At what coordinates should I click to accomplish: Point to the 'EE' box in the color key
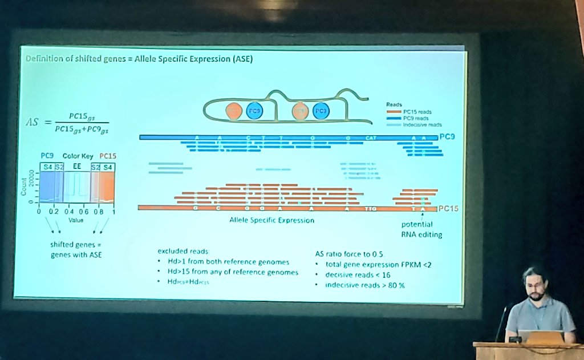(x=76, y=167)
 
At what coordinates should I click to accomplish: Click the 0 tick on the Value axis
(x=39, y=212)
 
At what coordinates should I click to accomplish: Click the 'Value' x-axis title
(x=76, y=219)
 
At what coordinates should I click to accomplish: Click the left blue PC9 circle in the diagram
(x=254, y=111)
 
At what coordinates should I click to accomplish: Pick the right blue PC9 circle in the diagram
(x=321, y=111)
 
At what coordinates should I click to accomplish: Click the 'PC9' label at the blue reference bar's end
(x=447, y=137)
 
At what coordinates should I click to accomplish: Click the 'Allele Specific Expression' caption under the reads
(x=271, y=220)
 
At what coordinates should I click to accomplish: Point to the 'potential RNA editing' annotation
(x=421, y=229)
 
